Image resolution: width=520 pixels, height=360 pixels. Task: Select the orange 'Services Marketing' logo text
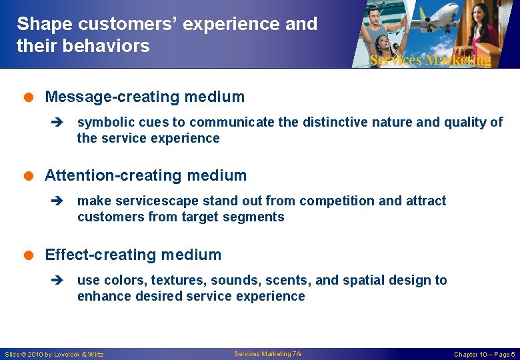(430, 60)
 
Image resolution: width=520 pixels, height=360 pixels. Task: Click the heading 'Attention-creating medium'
(145, 176)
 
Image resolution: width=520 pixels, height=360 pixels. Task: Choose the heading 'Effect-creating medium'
(133, 255)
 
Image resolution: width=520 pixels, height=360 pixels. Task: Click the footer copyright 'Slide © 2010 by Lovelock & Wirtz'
(54, 354)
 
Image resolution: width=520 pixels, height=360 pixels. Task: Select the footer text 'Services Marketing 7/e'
(268, 354)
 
